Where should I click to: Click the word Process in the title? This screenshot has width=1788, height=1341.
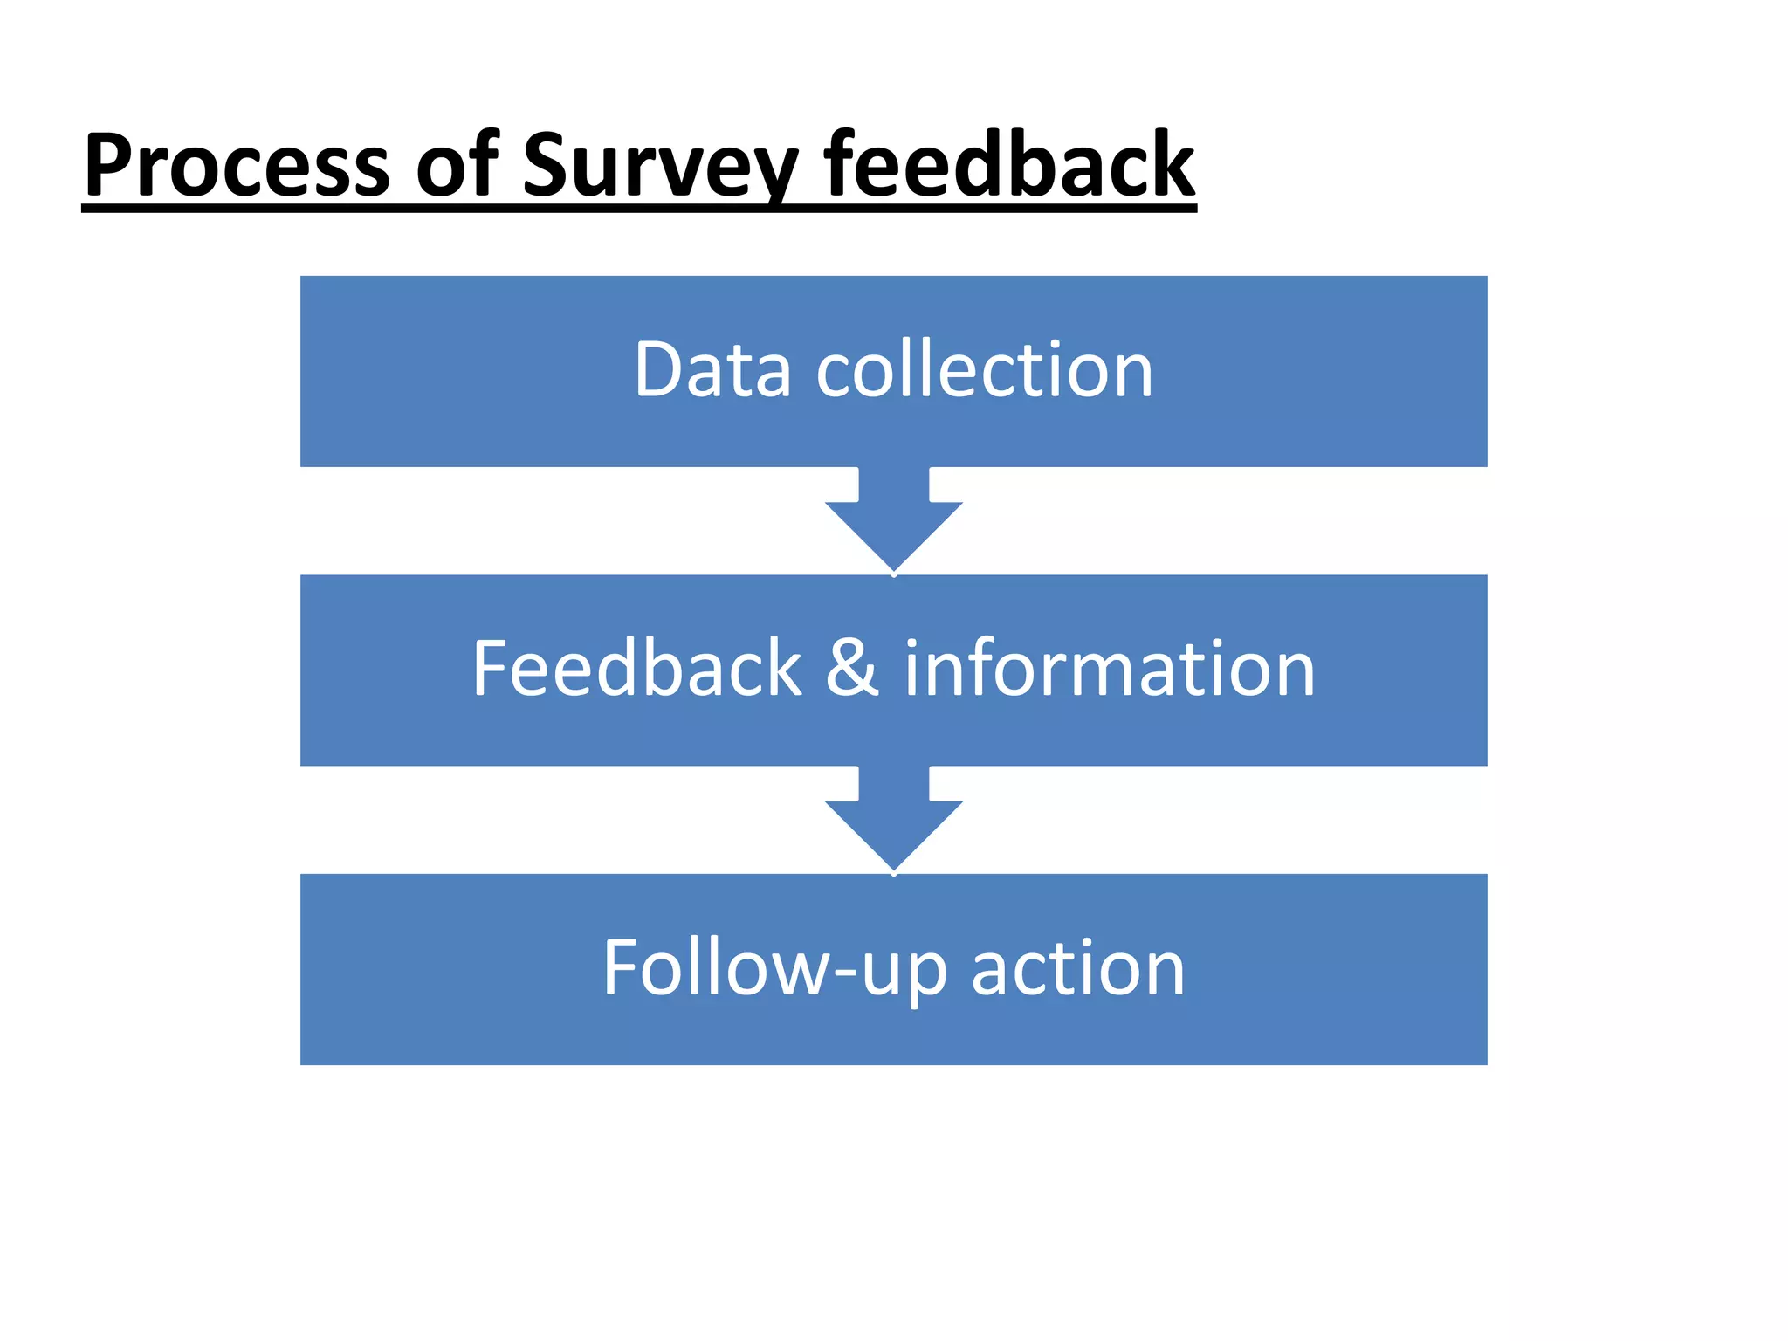point(236,166)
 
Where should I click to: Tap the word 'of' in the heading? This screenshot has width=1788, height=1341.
point(456,166)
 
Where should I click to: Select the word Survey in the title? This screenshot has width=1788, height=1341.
point(660,166)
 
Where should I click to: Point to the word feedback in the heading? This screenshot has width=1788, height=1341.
point(1009,166)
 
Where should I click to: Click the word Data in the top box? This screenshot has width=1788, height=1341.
point(712,370)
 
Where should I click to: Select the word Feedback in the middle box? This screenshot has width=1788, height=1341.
point(636,669)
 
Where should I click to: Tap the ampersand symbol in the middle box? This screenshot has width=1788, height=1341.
point(852,669)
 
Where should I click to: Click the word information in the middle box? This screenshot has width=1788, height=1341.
point(1109,669)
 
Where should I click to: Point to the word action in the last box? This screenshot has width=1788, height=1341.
point(1078,969)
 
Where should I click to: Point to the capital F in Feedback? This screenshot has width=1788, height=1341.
point(491,669)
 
